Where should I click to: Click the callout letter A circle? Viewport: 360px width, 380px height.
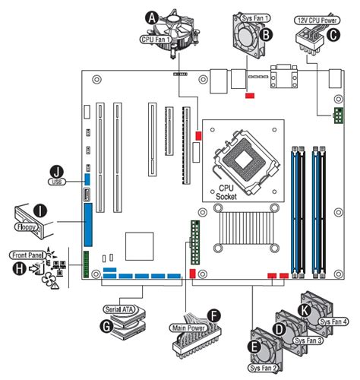[153, 16]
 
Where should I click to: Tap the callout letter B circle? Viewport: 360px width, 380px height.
[266, 33]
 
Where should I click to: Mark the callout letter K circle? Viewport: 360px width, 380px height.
[303, 310]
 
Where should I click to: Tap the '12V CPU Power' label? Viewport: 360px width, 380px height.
[317, 20]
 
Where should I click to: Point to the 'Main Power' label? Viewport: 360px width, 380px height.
[186, 328]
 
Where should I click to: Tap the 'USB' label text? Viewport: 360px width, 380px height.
[55, 182]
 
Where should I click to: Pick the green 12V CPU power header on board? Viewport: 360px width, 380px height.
[336, 116]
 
